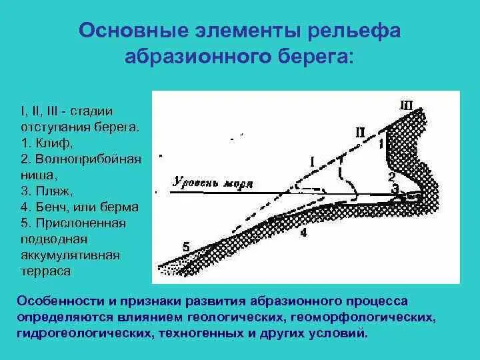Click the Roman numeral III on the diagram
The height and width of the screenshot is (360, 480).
[x=406, y=105]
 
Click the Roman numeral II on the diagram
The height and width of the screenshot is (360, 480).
[x=360, y=132]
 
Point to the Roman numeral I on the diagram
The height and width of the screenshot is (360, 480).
[x=312, y=161]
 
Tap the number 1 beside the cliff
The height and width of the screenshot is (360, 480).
[x=381, y=143]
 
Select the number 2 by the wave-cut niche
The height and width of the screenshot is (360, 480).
[x=392, y=177]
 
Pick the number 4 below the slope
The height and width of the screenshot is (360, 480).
[x=303, y=233]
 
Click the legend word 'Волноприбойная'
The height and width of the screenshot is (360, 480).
[x=83, y=159]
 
